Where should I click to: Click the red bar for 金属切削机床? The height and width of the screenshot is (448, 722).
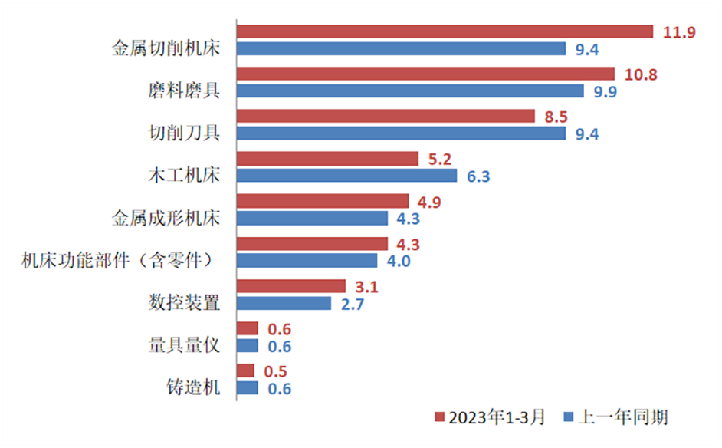(x=445, y=31)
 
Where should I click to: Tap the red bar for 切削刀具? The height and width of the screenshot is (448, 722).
(x=386, y=116)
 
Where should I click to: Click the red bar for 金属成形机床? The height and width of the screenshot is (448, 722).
(x=323, y=201)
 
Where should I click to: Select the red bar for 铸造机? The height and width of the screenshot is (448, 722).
(x=245, y=371)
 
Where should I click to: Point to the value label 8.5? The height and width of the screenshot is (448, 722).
(x=553, y=117)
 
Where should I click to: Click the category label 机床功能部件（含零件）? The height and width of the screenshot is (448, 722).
(x=117, y=261)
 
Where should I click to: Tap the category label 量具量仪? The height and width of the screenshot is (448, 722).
(x=184, y=344)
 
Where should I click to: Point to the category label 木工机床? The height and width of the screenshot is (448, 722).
(x=184, y=175)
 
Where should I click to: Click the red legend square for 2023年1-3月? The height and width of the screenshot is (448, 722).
(x=440, y=417)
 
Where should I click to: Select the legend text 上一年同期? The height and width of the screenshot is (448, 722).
(x=624, y=417)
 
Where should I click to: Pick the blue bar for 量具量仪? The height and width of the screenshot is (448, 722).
(x=247, y=346)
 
